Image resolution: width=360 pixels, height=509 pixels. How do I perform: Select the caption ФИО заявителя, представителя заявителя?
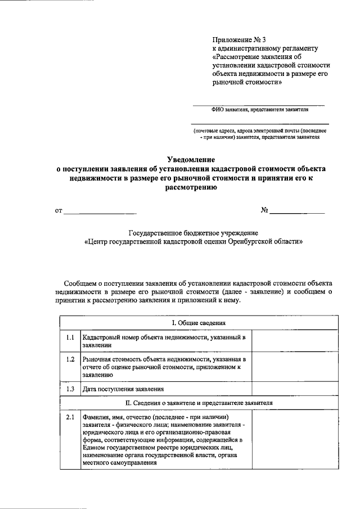260,110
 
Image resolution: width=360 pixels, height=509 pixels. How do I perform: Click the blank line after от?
100,211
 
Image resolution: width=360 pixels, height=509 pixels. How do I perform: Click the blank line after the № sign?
298,211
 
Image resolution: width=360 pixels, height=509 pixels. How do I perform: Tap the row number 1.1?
70,337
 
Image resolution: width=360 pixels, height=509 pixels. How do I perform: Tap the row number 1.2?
70,359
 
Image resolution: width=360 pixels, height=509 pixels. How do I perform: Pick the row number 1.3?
70,389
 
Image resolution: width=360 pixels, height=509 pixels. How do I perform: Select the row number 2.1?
70,417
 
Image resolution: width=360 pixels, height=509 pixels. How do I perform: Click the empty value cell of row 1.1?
287,341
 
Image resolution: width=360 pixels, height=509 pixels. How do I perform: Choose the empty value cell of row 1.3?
287,389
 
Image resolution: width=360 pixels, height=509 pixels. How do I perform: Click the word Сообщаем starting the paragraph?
82,283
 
